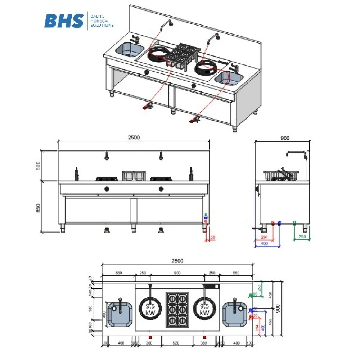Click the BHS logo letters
[x=64, y=21]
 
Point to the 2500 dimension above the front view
[x=134, y=137]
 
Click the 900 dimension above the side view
[x=284, y=138]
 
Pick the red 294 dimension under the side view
[x=264, y=237]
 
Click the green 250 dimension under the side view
[x=302, y=237]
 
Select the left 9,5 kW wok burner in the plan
[x=150, y=310]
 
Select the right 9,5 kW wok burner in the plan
[x=204, y=310]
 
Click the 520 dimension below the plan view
[x=176, y=343]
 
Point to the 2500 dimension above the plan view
[x=177, y=261]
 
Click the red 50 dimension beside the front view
[x=212, y=237]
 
